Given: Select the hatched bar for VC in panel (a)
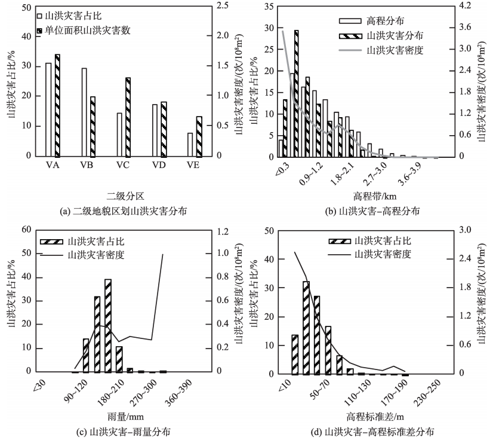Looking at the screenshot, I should click(x=128, y=117).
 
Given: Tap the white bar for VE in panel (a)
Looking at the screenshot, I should click(x=190, y=144).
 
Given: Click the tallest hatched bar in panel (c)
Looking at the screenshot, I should click(x=108, y=325).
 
